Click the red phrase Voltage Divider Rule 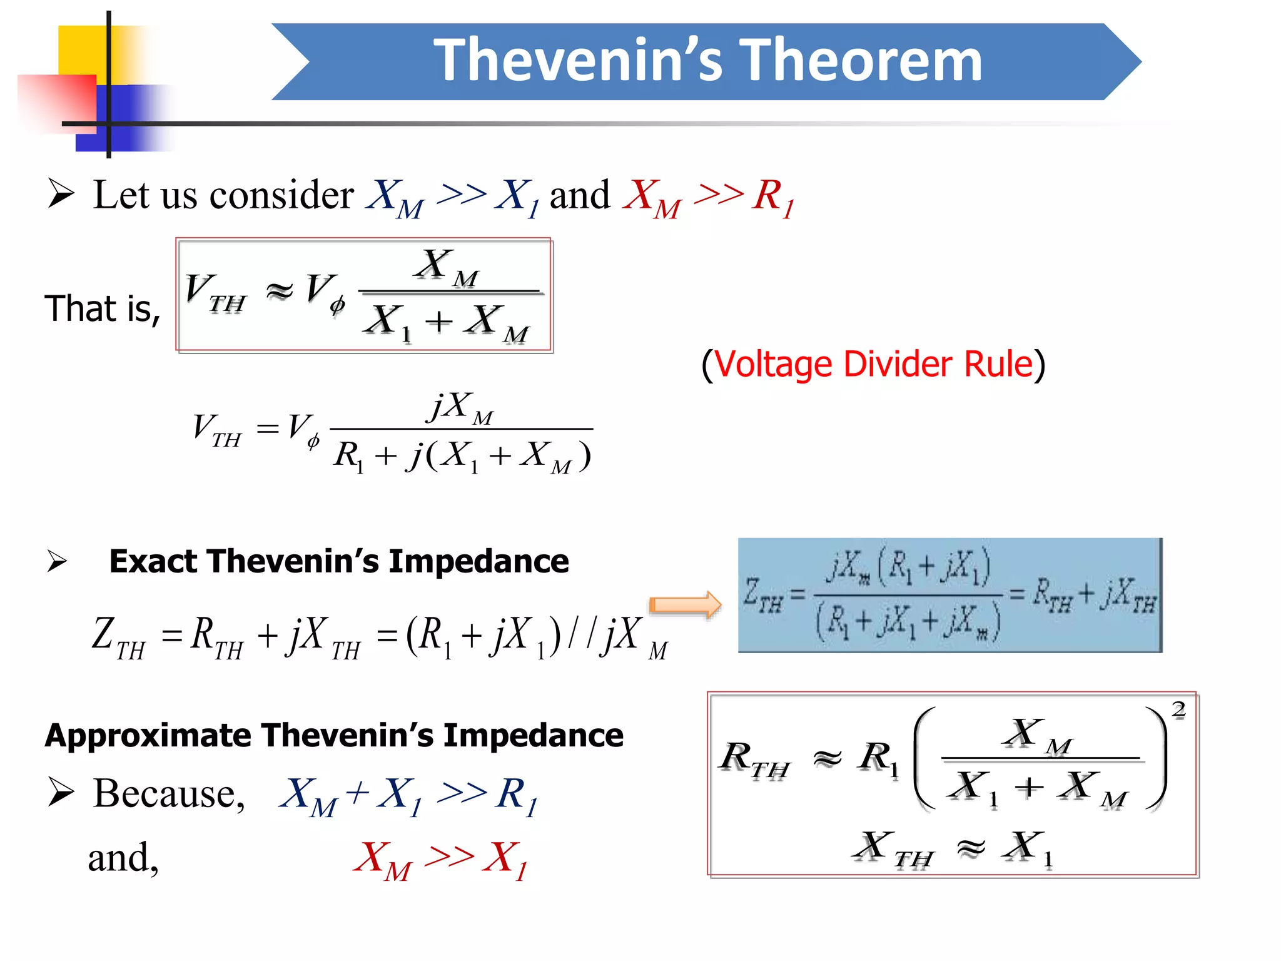click(873, 364)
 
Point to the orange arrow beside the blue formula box click(685, 605)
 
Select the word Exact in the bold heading click(153, 561)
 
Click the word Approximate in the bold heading click(148, 735)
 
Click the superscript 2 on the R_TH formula click(1178, 710)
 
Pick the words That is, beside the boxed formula click(103, 309)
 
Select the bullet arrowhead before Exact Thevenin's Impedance click(57, 561)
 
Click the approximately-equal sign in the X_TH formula click(971, 848)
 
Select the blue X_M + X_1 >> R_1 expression click(408, 796)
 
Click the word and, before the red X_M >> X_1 click(123, 858)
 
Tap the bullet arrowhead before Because click(61, 793)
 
